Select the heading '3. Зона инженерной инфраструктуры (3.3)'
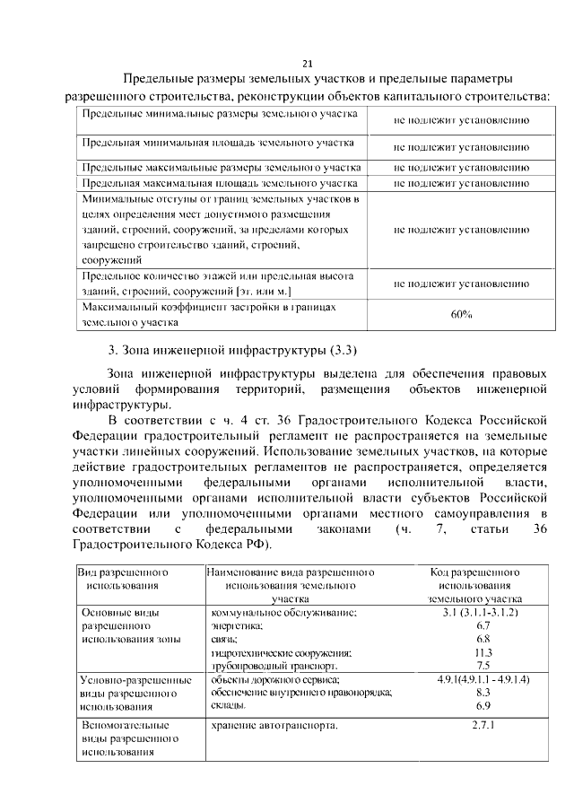[232, 348]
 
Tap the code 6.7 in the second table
[483, 625]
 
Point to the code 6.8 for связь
[483, 639]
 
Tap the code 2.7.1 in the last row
[483, 724]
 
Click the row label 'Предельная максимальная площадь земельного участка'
[220, 181]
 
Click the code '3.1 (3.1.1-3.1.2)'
[482, 612]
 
